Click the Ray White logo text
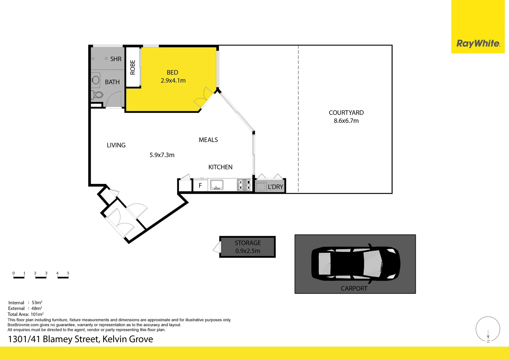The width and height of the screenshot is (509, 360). pos(478,43)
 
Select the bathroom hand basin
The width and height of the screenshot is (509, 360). pos(95,80)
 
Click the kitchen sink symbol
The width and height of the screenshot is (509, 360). pos(217,185)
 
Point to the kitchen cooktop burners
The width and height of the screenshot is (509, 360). pos(244,185)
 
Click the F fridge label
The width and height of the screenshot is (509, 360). pos(200,186)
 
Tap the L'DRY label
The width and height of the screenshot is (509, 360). pos(275,187)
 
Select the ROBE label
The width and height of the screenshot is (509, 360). pos(133,67)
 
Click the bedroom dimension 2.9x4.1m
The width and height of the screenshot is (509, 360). pos(173,81)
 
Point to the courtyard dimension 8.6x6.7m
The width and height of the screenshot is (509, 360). pos(346,121)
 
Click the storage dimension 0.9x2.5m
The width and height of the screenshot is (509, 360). pos(248,251)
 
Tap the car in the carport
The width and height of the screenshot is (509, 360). pos(356,264)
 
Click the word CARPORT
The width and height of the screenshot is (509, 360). pos(354,288)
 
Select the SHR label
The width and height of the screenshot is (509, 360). pos(116,59)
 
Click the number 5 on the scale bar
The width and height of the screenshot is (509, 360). pos(68,273)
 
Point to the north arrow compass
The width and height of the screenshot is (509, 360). pos(488,329)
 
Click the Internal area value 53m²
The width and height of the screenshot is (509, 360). pos(37,302)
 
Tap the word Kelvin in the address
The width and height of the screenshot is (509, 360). pos(115,339)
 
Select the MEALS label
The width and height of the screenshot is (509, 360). pos(208,140)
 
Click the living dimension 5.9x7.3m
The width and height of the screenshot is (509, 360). pos(162,155)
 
